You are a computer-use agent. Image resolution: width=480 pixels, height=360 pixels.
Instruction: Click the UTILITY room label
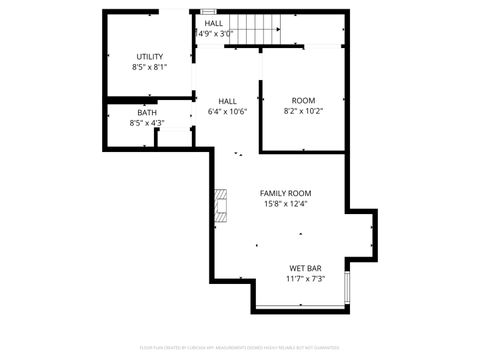pyautogui.click(x=149, y=56)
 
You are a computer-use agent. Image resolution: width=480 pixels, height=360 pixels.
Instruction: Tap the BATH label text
pyautogui.click(x=147, y=113)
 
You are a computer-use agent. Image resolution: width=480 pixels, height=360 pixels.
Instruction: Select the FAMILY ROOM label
pyautogui.click(x=286, y=193)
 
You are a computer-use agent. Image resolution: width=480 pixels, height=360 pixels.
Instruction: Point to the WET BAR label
pyautogui.click(x=305, y=267)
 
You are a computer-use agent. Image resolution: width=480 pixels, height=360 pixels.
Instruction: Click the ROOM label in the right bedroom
pyautogui.click(x=303, y=101)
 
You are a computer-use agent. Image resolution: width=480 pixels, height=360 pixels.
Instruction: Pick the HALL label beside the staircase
pyautogui.click(x=214, y=23)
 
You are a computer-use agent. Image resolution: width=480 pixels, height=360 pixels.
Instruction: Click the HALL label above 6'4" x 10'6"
pyautogui.click(x=228, y=101)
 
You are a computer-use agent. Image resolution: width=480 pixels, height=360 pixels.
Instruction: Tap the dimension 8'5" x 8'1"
pyautogui.click(x=149, y=67)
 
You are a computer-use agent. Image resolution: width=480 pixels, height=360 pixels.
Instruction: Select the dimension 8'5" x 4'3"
pyautogui.click(x=147, y=124)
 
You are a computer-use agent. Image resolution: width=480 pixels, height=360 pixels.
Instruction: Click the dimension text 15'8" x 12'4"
pyautogui.click(x=286, y=204)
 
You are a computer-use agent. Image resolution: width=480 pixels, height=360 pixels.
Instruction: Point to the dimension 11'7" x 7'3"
pyautogui.click(x=305, y=278)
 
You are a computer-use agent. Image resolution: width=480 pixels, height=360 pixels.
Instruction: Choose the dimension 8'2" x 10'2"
pyautogui.click(x=303, y=112)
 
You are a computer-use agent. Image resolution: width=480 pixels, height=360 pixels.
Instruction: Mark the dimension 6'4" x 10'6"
pyautogui.click(x=228, y=112)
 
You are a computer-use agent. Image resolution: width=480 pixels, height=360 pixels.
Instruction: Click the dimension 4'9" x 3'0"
pyautogui.click(x=214, y=34)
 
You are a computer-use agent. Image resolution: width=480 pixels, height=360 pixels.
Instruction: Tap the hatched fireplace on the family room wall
pyautogui.click(x=219, y=205)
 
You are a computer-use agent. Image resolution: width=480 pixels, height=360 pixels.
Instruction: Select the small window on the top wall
pyautogui.click(x=208, y=10)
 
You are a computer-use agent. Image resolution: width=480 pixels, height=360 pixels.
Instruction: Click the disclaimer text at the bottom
pyautogui.click(x=240, y=349)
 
